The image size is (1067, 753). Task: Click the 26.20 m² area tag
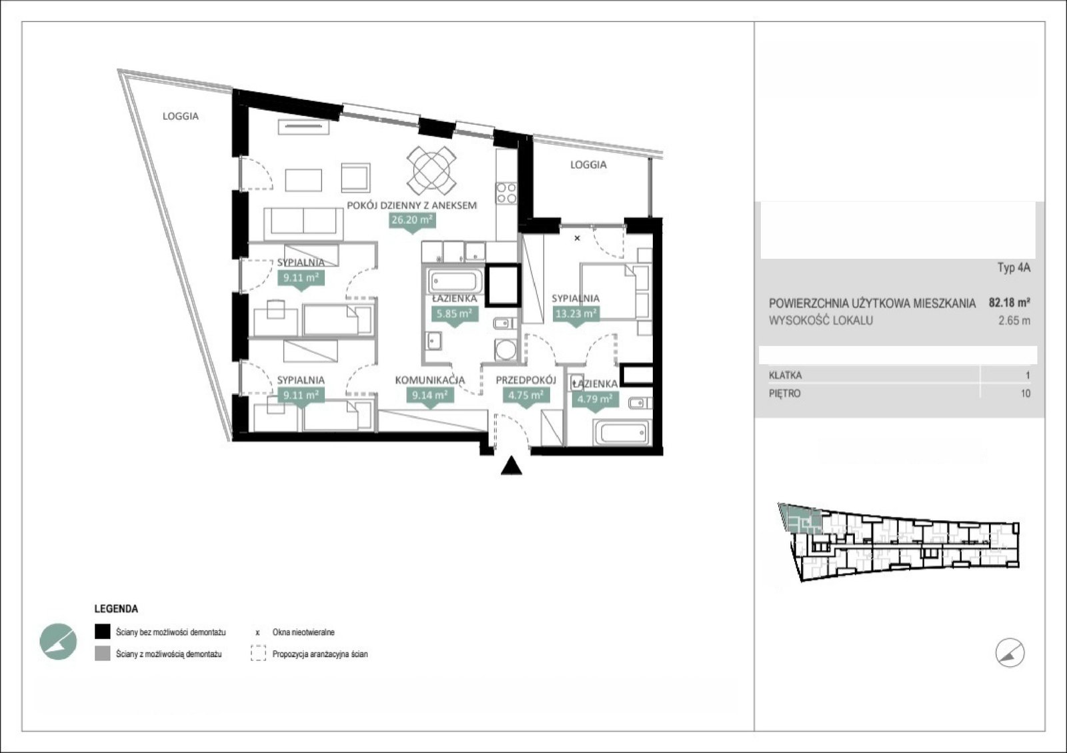412,220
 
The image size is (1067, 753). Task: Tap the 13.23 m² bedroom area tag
576,314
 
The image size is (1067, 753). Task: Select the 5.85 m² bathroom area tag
454,314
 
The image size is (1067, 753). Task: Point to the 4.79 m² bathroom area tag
595,399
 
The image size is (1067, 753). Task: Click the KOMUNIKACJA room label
429,380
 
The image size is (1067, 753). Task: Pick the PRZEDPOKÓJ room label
526,380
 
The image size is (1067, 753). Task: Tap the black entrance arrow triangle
511,466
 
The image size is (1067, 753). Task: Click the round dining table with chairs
431,170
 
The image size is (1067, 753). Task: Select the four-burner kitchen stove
506,193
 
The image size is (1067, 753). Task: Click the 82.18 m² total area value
1010,302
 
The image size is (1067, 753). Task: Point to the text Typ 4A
1014,267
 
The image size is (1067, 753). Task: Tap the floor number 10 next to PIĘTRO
1026,394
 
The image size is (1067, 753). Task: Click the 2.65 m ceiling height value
1014,321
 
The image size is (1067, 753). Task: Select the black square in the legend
103,632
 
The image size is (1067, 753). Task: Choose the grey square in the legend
103,654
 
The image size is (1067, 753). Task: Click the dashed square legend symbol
258,654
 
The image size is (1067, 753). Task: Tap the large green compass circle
58,642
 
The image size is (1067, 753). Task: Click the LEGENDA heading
116,609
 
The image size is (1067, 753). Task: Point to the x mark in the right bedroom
578,238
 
